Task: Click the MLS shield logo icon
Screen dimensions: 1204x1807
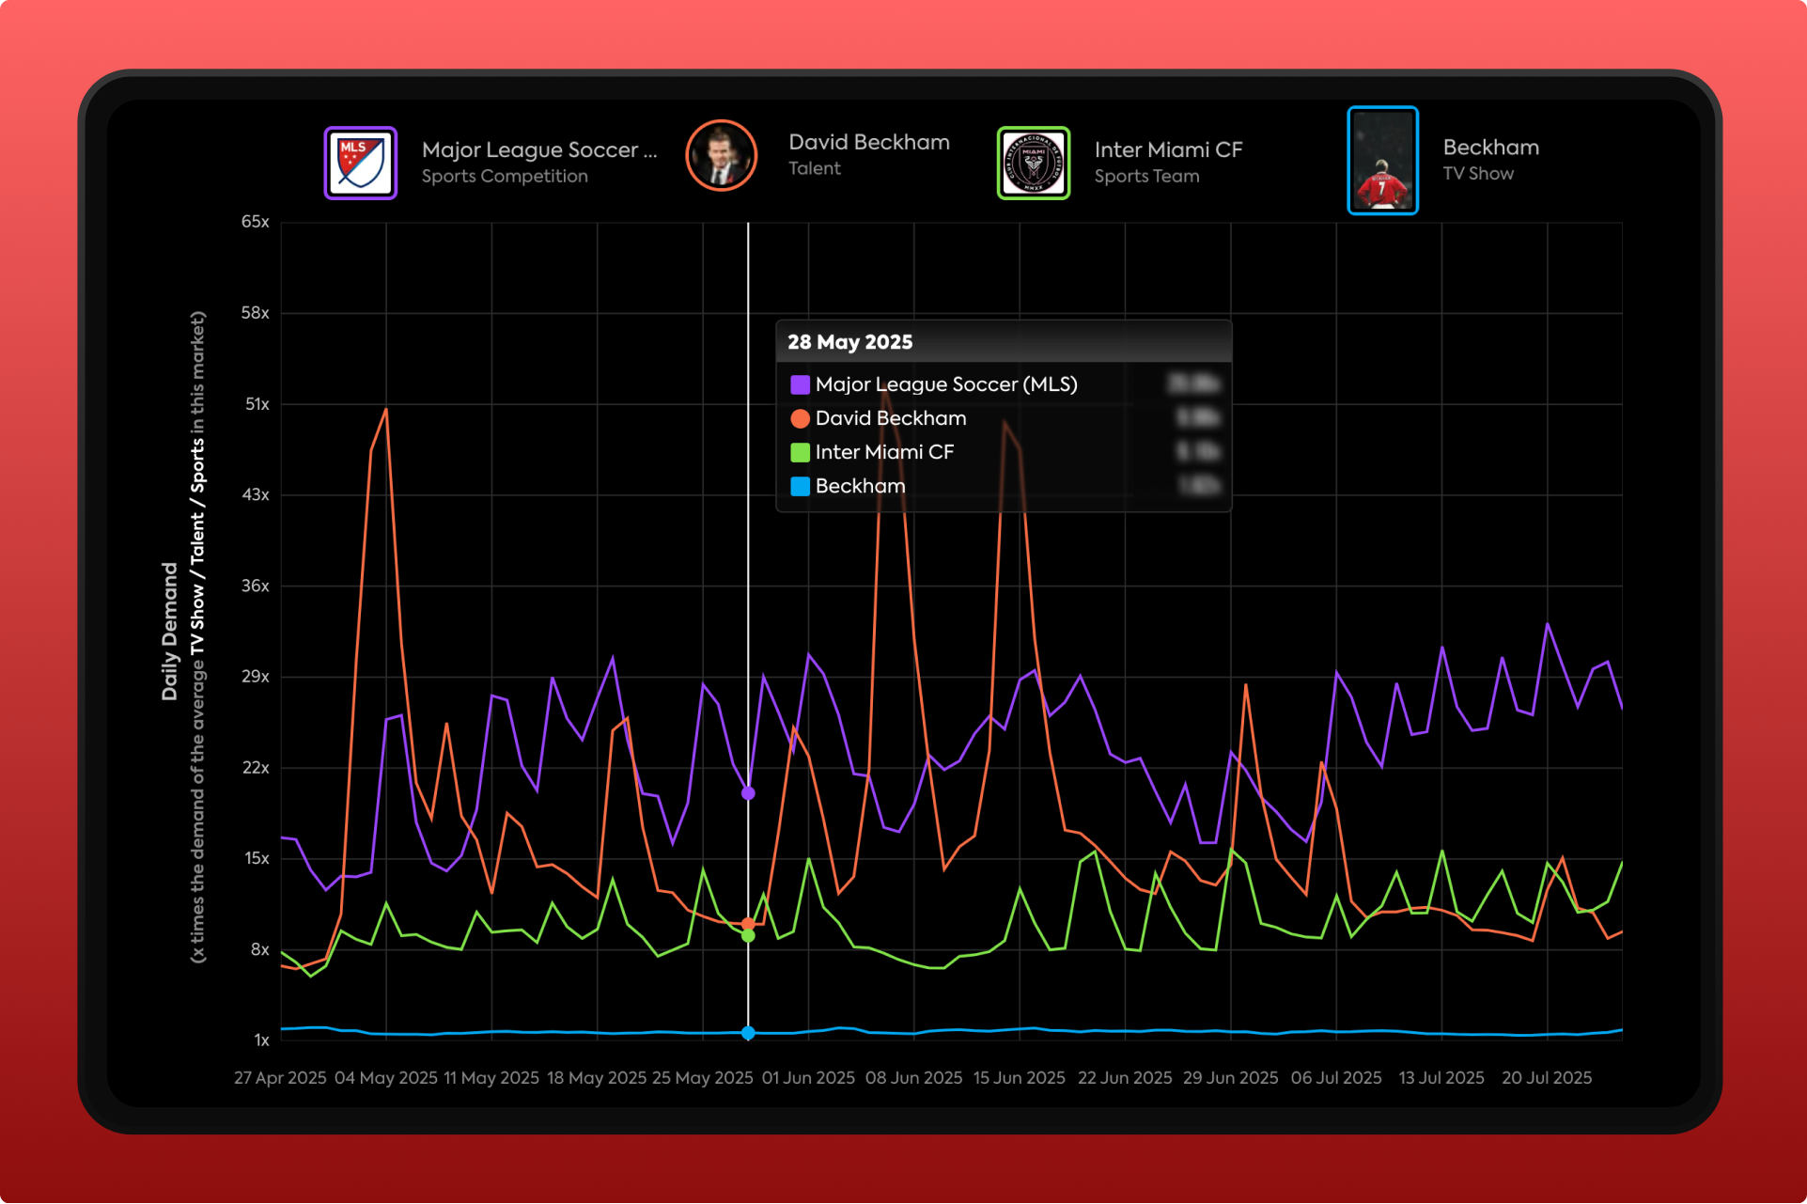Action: [x=361, y=163]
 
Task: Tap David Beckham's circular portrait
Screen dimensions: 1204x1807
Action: [x=721, y=156]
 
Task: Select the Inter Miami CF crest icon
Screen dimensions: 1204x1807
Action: [x=1033, y=163]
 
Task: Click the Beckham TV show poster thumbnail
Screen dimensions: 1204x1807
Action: [x=1382, y=161]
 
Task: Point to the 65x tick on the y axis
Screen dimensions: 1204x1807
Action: [x=256, y=222]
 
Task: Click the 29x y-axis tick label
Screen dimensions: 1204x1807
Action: [x=256, y=677]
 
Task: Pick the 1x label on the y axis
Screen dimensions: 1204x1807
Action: [x=261, y=1040]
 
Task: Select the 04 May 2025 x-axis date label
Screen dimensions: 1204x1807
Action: [x=386, y=1078]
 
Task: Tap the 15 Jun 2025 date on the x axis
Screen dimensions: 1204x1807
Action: [x=1020, y=1078]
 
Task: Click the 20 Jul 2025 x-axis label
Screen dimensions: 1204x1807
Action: [x=1547, y=1078]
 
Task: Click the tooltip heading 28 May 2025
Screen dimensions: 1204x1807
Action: [x=850, y=342]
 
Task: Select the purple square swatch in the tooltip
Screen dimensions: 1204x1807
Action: [x=801, y=384]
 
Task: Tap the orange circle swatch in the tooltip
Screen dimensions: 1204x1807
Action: [x=801, y=418]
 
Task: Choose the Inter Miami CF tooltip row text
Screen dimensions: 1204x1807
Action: [x=884, y=452]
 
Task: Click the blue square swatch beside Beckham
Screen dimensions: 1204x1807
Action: [x=801, y=486]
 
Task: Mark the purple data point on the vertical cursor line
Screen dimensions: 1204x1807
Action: [x=748, y=793]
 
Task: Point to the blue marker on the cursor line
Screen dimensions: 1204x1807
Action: [x=748, y=1033]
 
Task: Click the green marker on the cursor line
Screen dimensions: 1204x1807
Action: [x=748, y=936]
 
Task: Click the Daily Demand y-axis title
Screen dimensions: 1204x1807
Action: [x=170, y=632]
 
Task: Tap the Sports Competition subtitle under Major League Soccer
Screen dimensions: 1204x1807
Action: [x=505, y=177]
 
